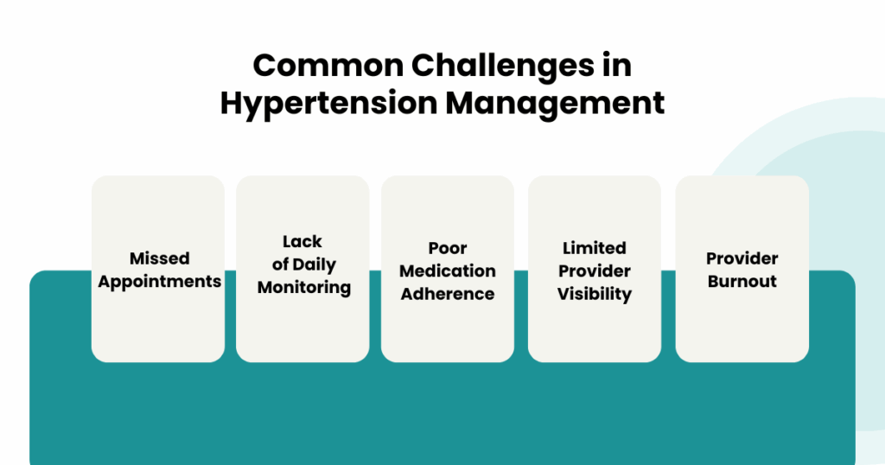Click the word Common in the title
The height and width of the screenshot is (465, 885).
pos(328,65)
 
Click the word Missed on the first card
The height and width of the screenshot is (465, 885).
pos(160,258)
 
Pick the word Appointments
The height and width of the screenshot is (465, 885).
pos(160,282)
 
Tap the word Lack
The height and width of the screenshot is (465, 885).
pos(302,241)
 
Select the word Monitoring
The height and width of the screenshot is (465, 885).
pos(304,288)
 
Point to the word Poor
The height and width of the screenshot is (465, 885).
pos(448,248)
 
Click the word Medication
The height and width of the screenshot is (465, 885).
pos(448,271)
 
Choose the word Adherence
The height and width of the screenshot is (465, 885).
pos(448,294)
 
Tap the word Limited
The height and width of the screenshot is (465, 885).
pos(595,248)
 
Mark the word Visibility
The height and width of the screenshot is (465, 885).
pos(595,295)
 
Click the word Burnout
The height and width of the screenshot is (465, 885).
pos(742,282)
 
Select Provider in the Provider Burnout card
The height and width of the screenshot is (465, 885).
pos(742,258)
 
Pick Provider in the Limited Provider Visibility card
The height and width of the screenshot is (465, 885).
pos(595,271)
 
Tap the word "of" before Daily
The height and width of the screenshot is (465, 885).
pos(281,264)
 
